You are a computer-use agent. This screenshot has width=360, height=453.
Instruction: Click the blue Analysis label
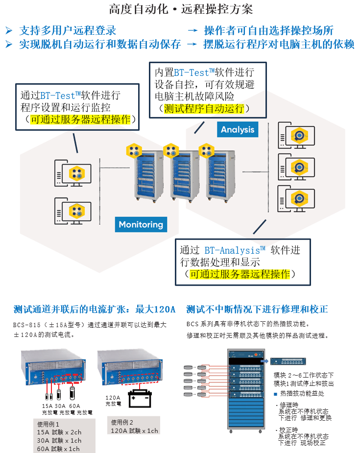click(x=238, y=129)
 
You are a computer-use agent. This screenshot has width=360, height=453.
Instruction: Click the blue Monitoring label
click(x=141, y=224)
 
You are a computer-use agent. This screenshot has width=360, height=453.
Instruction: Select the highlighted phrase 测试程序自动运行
click(x=204, y=108)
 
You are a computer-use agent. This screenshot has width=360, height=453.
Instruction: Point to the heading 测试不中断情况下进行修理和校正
click(x=257, y=309)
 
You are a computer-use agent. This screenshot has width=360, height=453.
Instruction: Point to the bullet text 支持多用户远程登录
click(x=68, y=30)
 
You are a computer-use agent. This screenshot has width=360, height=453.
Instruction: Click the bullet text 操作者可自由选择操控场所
click(x=268, y=30)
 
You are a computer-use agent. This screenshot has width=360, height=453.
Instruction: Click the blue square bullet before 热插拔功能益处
click(x=276, y=393)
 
